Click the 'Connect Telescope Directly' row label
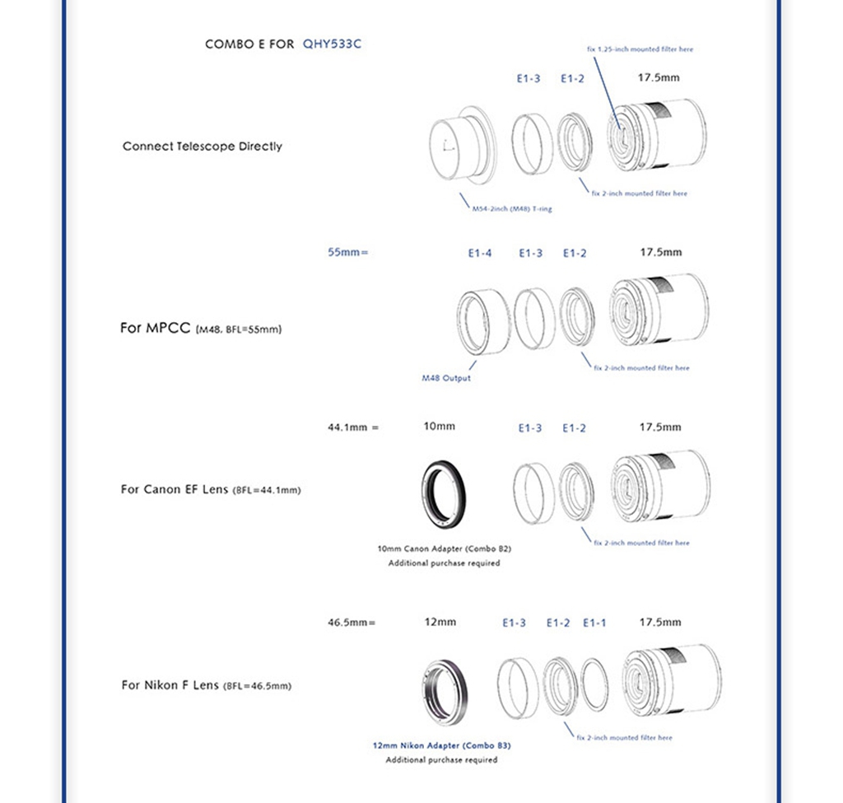[x=203, y=147]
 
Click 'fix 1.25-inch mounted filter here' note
[x=640, y=49]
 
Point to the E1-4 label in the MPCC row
[x=480, y=253]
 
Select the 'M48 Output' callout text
[x=446, y=378]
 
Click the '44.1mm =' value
[x=353, y=427]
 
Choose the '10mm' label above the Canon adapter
[x=439, y=427]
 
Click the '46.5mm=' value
[x=352, y=623]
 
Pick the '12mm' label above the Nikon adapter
[x=440, y=622]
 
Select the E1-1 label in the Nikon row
[x=594, y=623]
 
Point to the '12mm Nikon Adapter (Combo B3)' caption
[x=441, y=745]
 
